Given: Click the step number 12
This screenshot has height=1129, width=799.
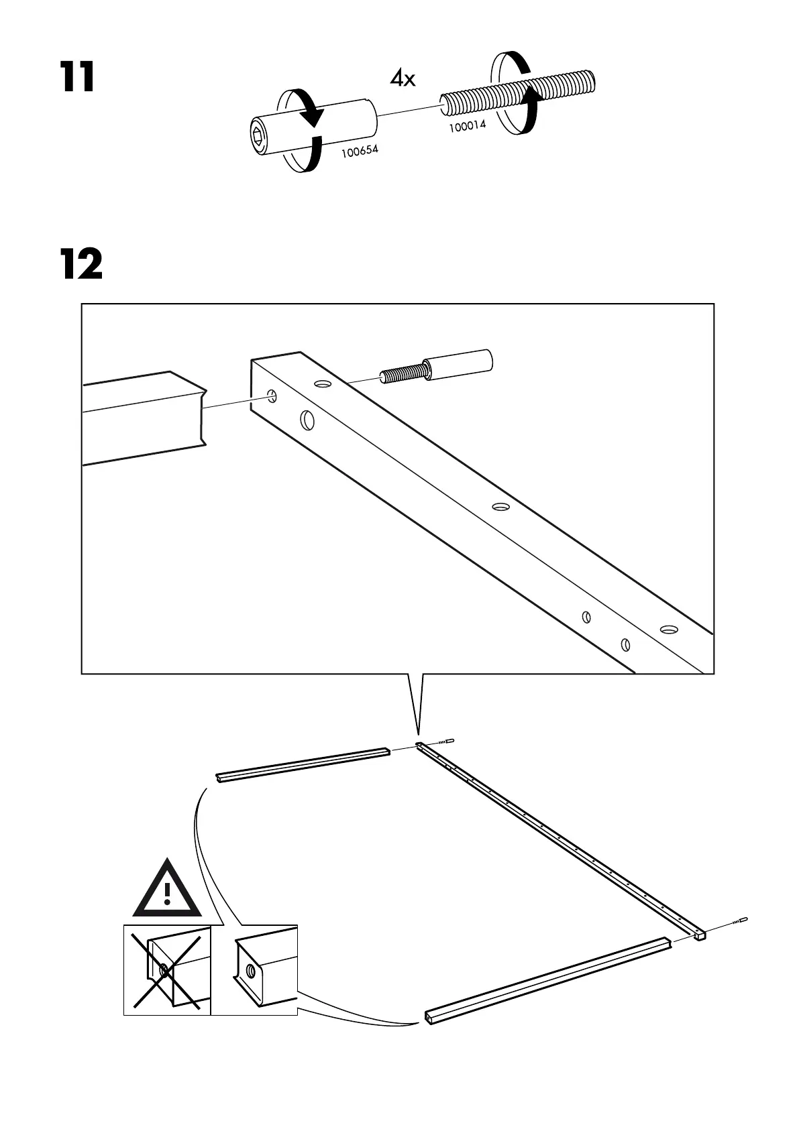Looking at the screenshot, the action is tap(81, 264).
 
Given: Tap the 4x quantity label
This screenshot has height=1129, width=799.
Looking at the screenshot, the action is tap(403, 79).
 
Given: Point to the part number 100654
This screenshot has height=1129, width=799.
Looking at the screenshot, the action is tap(360, 151).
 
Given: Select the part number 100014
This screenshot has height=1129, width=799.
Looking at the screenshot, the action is tap(467, 126).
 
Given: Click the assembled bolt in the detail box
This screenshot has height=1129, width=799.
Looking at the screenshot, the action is tap(439, 367).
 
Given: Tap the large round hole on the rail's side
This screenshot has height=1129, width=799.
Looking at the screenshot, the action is tap(307, 420).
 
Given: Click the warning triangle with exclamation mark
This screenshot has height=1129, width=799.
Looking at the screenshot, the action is tap(167, 890).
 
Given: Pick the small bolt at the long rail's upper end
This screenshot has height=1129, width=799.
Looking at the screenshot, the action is tap(445, 742).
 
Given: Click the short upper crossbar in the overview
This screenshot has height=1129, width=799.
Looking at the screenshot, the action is tap(303, 764).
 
